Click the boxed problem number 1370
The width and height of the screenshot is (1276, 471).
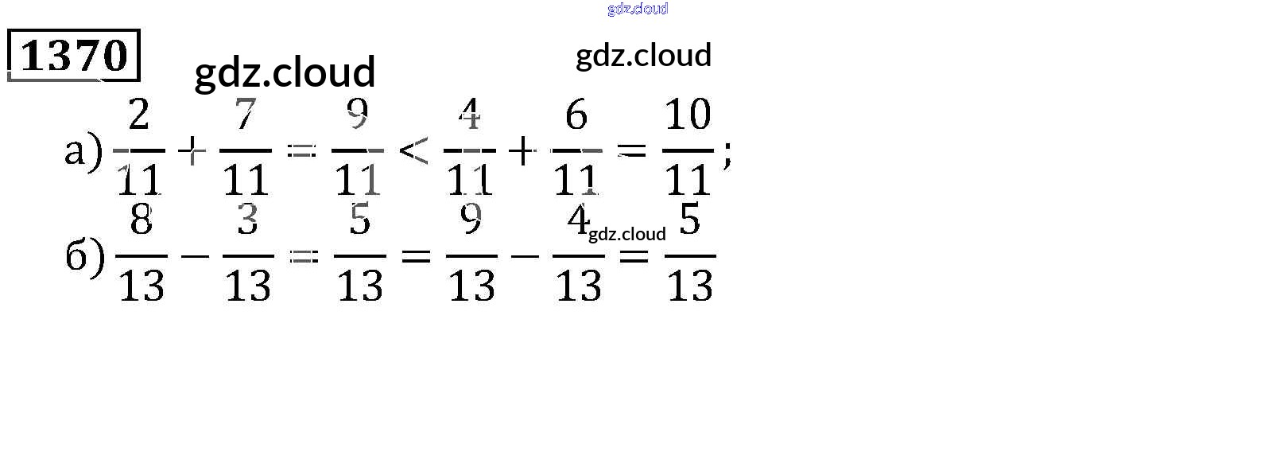[74, 56]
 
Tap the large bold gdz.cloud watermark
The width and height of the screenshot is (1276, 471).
[285, 72]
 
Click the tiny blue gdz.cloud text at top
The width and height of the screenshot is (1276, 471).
[638, 9]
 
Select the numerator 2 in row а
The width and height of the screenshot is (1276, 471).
[139, 115]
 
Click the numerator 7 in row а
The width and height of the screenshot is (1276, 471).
[245, 115]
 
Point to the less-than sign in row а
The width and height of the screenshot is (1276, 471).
[413, 150]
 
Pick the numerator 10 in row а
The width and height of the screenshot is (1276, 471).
[688, 115]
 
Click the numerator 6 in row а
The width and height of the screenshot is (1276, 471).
[576, 116]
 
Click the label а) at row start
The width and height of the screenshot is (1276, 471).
[83, 150]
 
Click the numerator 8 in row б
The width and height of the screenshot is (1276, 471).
[142, 220]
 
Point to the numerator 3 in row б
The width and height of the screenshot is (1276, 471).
[248, 220]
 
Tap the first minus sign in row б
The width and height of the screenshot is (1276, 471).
[195, 256]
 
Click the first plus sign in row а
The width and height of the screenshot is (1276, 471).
[192, 150]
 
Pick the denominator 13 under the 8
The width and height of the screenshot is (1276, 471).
[142, 286]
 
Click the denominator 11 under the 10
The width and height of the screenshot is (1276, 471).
[688, 180]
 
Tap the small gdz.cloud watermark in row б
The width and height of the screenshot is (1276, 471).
[626, 234]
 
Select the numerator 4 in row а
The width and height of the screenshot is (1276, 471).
[470, 115]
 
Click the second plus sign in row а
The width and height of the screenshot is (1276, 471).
[522, 150]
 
